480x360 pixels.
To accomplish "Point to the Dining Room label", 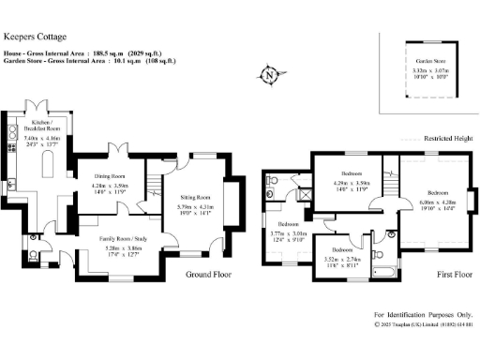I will [111, 175].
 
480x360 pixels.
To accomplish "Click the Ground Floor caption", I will [207, 275].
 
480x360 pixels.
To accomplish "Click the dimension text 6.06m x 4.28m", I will [436, 202].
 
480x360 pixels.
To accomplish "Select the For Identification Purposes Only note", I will [422, 315].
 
